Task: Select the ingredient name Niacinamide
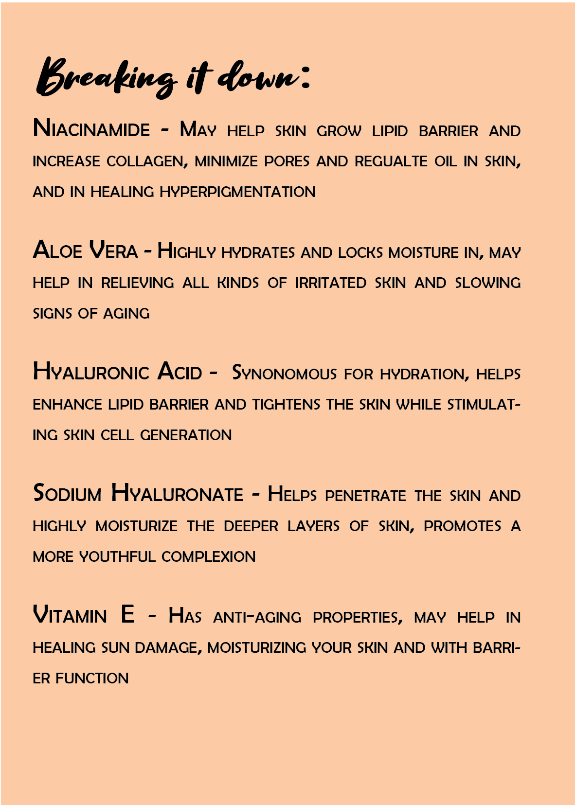click(x=91, y=129)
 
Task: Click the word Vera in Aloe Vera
click(x=113, y=251)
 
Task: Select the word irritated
click(x=330, y=283)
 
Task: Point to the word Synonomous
click(x=284, y=374)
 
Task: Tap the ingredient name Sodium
click(x=67, y=494)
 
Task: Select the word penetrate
click(x=365, y=496)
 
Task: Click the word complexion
click(x=208, y=557)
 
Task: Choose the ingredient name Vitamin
click(x=70, y=615)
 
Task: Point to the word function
click(x=92, y=679)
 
